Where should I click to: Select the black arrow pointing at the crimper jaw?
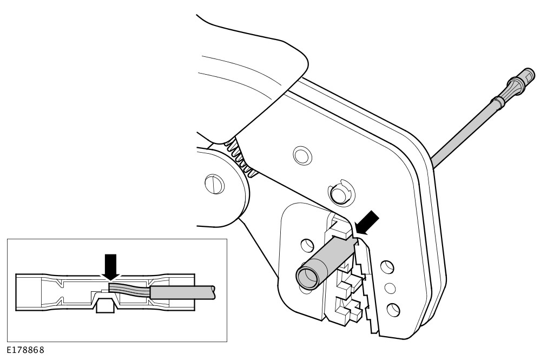tap(367, 223)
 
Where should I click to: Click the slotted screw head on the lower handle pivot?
tap(214, 184)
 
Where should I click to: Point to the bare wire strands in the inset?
tap(129, 289)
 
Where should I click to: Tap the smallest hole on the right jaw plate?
tap(390, 287)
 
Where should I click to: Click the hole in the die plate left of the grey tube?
tap(306, 245)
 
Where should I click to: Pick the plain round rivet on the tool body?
tap(302, 155)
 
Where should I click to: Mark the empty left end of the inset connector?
tap(29, 292)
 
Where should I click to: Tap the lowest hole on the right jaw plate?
tap(393, 310)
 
